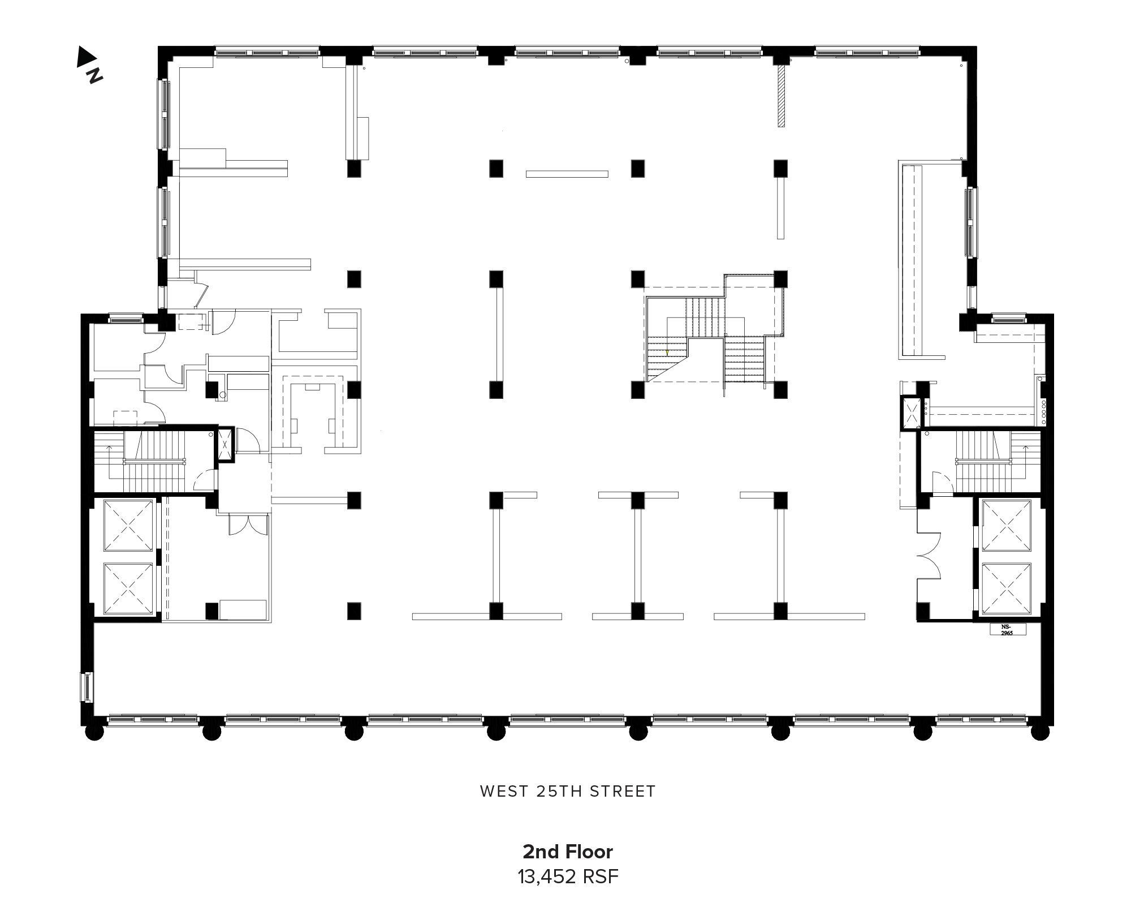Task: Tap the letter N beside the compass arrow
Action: pos(94,75)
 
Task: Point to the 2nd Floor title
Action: pos(568,852)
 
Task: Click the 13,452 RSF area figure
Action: pos(568,877)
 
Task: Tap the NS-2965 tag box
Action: pos(1007,629)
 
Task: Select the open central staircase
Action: pos(714,334)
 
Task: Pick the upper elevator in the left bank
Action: pos(128,526)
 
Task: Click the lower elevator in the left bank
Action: pos(128,588)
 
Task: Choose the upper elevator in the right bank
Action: pos(1007,526)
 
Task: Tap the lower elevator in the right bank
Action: pos(1007,588)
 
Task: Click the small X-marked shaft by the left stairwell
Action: pos(225,445)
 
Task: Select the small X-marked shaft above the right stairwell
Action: pos(912,412)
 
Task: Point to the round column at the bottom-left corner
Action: pos(94,731)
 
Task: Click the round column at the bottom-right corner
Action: pos(1040,731)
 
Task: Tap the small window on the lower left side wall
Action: pos(88,687)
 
